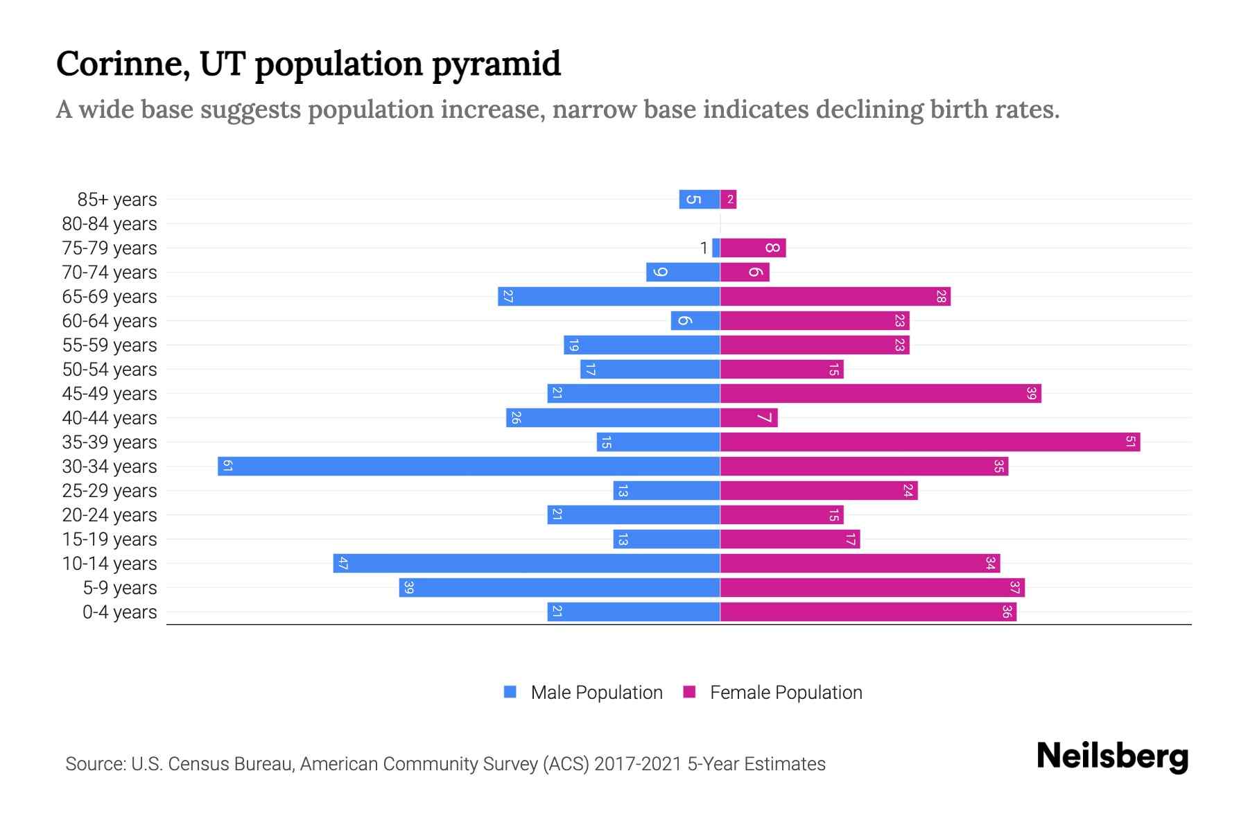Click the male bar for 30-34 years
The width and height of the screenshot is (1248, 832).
click(x=469, y=466)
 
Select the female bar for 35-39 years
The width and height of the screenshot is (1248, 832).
click(x=929, y=442)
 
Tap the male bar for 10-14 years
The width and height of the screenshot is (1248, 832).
click(x=527, y=563)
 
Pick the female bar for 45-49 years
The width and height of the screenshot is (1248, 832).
click(x=881, y=393)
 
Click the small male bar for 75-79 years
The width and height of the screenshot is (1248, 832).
click(x=716, y=248)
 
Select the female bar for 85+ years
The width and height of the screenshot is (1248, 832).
click(x=729, y=199)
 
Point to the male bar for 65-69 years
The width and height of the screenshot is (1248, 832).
click(x=609, y=296)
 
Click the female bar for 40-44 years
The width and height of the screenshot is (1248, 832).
click(x=749, y=417)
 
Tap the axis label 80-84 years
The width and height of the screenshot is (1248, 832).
click(x=110, y=224)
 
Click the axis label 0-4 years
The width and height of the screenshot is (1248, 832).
click(x=119, y=612)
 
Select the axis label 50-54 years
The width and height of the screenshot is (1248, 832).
click(x=110, y=370)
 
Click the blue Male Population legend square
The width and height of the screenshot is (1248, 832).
click(x=510, y=692)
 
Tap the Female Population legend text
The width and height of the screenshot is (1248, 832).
click(x=786, y=692)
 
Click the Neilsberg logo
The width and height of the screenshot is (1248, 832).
click(x=1112, y=756)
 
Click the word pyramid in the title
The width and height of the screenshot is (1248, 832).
click(x=496, y=64)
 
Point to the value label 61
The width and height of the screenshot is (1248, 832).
click(x=227, y=466)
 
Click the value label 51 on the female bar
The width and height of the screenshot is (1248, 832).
click(x=1130, y=442)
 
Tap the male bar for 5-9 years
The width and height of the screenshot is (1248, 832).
click(x=560, y=587)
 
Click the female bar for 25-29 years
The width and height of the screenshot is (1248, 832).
click(x=818, y=490)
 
